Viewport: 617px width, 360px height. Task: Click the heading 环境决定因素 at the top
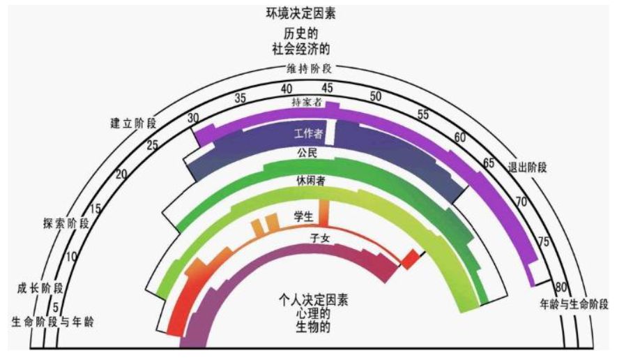coord(300,13)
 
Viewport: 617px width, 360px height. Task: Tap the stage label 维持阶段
coord(309,69)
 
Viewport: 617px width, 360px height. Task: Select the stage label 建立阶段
coord(133,123)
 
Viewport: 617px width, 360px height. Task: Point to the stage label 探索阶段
coord(66,223)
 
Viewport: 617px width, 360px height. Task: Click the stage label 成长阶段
coord(40,288)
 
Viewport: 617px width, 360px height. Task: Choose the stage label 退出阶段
coord(527,167)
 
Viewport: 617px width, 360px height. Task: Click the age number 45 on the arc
coord(327,88)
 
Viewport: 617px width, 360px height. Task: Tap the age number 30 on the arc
coord(193,118)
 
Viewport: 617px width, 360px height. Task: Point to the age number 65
coord(488,163)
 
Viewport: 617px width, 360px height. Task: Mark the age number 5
coord(56,306)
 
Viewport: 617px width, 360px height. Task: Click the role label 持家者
coord(307,103)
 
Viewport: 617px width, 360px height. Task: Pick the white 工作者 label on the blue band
coord(308,133)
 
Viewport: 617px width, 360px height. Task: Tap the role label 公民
coord(307,153)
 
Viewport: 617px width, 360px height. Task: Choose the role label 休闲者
coord(310,181)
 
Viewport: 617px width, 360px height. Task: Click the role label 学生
coord(304,216)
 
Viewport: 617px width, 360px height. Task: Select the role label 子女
coord(320,239)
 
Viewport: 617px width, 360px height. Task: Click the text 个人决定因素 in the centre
coord(313,301)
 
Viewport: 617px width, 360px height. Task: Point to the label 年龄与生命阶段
coord(574,304)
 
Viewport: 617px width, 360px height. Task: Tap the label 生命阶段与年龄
coord(53,322)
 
